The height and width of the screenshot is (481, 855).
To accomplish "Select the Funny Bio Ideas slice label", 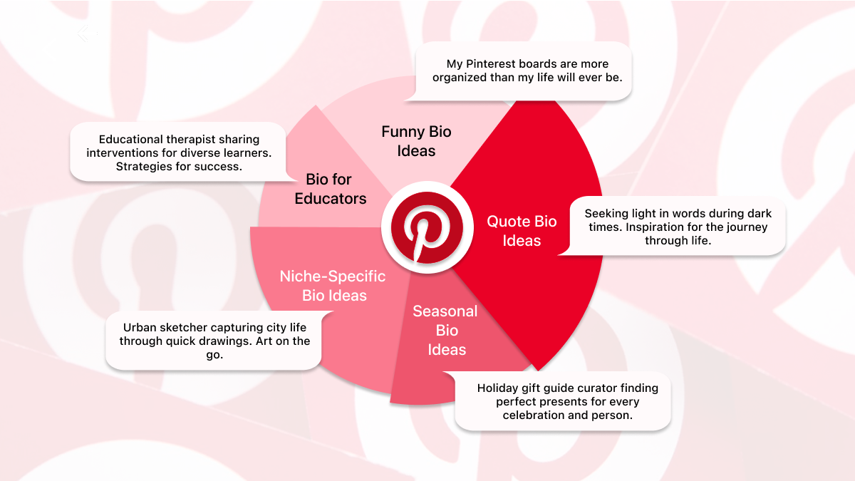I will point(417,141).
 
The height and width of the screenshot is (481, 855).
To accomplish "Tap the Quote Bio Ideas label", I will point(522,231).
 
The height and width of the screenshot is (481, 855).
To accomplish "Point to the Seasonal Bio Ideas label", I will point(446,331).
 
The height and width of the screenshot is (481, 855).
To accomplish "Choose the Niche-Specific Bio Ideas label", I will point(333,286).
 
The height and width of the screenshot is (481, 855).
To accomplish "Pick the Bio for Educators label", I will point(330,189).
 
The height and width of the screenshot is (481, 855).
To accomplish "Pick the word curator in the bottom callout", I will point(599,388).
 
